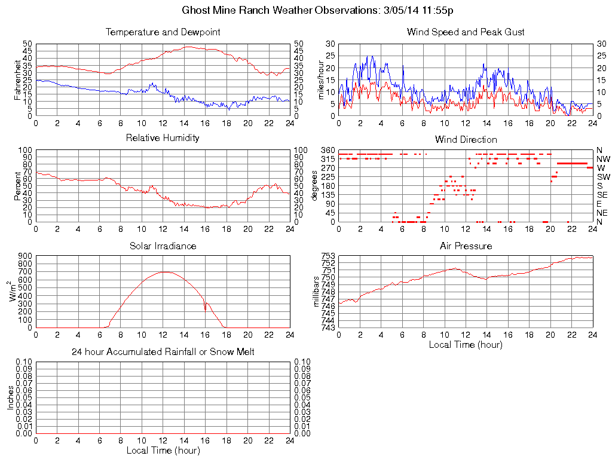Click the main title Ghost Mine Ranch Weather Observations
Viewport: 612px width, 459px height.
pyautogui.click(x=321, y=11)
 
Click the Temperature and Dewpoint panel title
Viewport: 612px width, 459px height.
pyautogui.click(x=163, y=32)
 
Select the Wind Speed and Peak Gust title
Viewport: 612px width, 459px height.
pyautogui.click(x=466, y=32)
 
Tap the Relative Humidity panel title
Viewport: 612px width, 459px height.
pyautogui.click(x=163, y=138)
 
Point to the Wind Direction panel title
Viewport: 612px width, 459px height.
pyautogui.click(x=466, y=139)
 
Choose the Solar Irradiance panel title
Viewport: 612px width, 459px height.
pyautogui.click(x=163, y=246)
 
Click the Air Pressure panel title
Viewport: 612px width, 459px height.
pyautogui.click(x=466, y=246)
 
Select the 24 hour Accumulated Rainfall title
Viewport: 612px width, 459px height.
pyautogui.click(x=163, y=352)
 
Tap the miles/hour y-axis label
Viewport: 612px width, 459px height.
pyautogui.click(x=320, y=79)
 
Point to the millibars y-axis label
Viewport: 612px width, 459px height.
pyautogui.click(x=317, y=291)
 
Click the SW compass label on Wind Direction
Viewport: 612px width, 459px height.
pyautogui.click(x=603, y=177)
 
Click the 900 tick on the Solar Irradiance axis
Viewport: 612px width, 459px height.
pyautogui.click(x=25, y=256)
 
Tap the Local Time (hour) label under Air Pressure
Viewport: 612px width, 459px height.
pyautogui.click(x=466, y=345)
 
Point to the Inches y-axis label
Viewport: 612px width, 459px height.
pyautogui.click(x=11, y=397)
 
